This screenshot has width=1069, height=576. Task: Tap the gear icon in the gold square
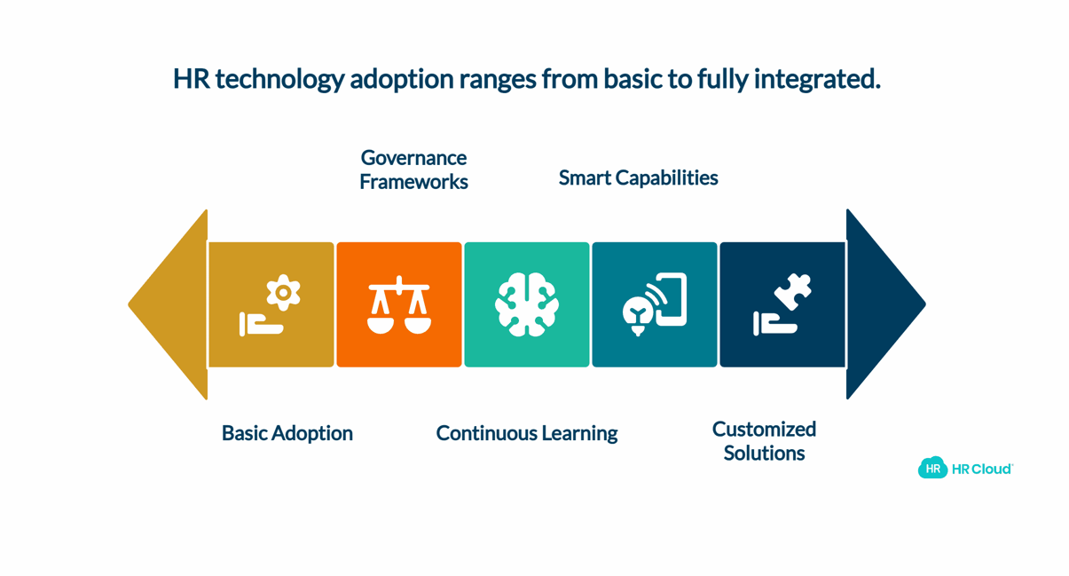283,292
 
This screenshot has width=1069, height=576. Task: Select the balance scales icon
399,305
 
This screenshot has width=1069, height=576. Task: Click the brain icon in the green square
527,304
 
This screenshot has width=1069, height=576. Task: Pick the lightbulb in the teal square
637,313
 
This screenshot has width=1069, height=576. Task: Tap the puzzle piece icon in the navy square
793,292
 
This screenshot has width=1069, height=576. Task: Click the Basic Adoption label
287,433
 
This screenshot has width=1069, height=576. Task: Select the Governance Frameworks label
413,170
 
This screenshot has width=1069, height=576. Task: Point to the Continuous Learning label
526,433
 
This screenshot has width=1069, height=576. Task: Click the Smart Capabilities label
638,178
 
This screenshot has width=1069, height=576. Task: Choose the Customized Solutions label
764,441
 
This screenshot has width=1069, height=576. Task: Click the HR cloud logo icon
932,469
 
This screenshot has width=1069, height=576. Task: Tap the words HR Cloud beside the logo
981,469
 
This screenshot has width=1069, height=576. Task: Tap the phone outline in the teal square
671,299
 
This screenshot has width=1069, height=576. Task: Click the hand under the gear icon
260,326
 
